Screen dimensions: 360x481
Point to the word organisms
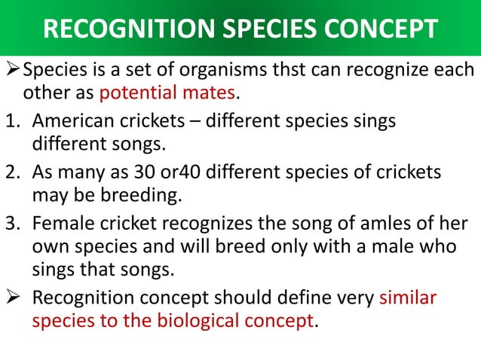pos(199,71)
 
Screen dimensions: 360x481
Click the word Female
pos(61,221)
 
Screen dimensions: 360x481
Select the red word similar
pos(408,297)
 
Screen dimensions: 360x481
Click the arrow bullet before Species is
pos(13,71)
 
